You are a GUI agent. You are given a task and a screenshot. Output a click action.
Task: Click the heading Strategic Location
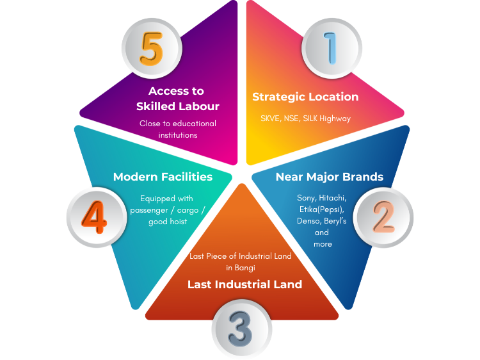[305, 97]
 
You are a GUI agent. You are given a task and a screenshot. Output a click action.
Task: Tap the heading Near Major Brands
[329, 176]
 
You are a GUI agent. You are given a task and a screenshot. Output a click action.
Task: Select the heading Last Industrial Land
[244, 284]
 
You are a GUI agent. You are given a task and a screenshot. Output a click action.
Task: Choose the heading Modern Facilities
[163, 176]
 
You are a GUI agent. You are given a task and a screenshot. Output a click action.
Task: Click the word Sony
[307, 198]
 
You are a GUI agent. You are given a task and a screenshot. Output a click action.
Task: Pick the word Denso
[308, 221]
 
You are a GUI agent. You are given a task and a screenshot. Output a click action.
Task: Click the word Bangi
[244, 268]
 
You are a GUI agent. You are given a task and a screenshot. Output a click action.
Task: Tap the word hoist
[176, 222]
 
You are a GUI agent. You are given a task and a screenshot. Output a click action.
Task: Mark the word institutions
[177, 135]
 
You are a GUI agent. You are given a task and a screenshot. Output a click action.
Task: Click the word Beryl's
[337, 221]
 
